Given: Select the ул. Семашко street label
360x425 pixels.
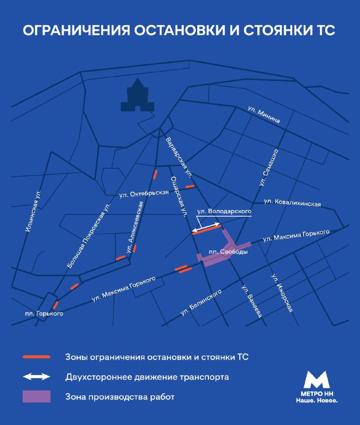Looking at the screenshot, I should click(270, 167).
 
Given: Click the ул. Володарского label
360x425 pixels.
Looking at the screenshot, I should click(224, 211).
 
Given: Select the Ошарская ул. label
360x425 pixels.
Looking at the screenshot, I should click(178, 197).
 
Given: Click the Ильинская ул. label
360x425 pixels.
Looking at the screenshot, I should click(33, 210).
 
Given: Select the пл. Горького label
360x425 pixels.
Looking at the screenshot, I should click(44, 313).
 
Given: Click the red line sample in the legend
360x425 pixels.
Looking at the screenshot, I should click(36, 356).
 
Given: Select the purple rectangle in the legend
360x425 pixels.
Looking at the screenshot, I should click(36, 396).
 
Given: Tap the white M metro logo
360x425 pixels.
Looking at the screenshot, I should click(317, 380).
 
